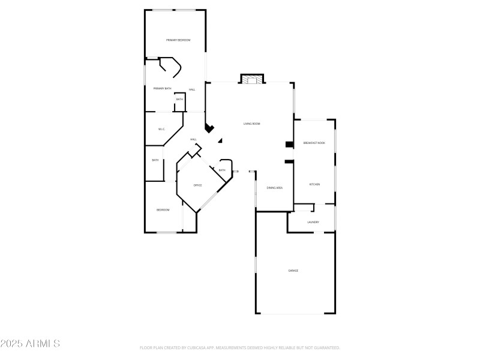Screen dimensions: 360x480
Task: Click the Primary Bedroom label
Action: pyautogui.click(x=178, y=40)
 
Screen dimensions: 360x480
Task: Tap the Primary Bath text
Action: pyautogui.click(x=162, y=89)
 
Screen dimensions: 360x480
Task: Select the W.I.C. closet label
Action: pyautogui.click(x=161, y=129)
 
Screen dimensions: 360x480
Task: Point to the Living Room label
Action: pyautogui.click(x=251, y=124)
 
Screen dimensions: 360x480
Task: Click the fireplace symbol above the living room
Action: pyautogui.click(x=252, y=79)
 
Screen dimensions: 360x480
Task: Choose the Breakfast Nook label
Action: pyautogui.click(x=314, y=143)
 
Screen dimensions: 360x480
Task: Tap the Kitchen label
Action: pyautogui.click(x=314, y=184)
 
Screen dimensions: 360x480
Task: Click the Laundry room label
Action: pyautogui.click(x=313, y=222)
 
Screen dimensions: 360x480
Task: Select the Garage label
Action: pyautogui.click(x=293, y=271)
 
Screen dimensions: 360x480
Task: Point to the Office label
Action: pyautogui.click(x=197, y=185)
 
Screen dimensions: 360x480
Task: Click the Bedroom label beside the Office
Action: pyautogui.click(x=163, y=210)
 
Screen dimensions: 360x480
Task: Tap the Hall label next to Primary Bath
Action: pyautogui.click(x=192, y=89)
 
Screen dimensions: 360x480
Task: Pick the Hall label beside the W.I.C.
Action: pyautogui.click(x=193, y=139)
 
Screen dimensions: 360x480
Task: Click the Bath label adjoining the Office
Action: pyautogui.click(x=222, y=170)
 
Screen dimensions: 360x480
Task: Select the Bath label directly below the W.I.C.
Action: pyautogui.click(x=155, y=160)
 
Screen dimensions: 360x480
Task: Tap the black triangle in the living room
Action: pyautogui.click(x=220, y=140)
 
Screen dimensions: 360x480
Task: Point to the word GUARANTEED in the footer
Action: pyautogui.click(x=326, y=348)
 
